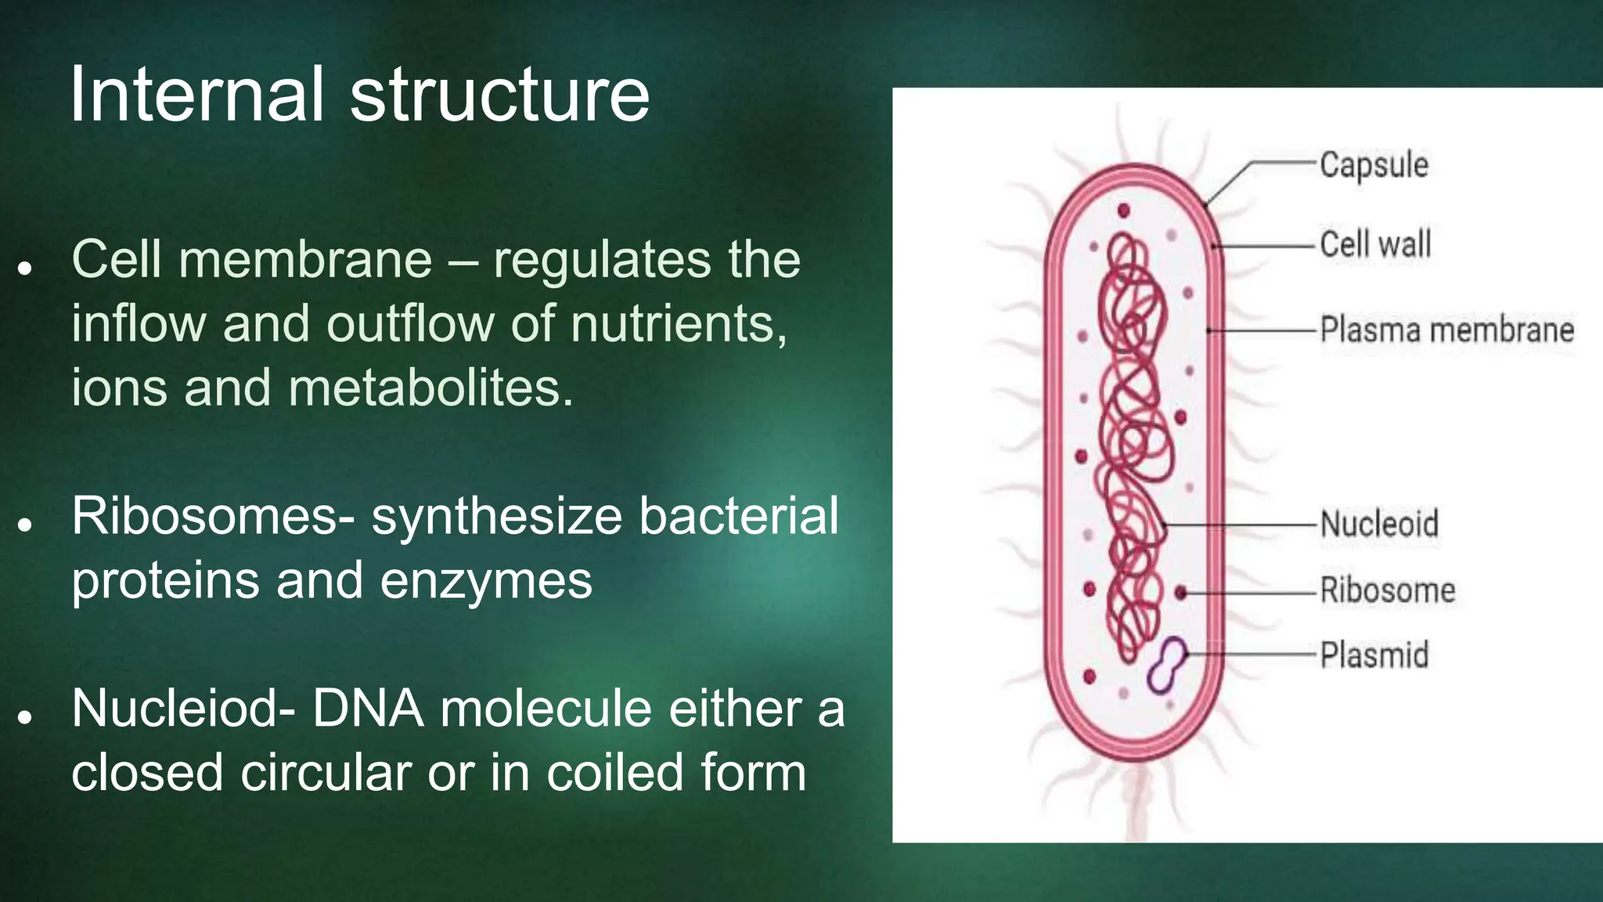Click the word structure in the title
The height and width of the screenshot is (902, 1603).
click(499, 96)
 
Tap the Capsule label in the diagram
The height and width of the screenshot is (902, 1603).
click(1374, 165)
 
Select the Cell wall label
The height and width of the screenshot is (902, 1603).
click(1375, 244)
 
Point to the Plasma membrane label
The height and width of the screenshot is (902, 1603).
click(1446, 330)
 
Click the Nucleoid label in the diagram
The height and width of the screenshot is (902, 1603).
click(1379, 523)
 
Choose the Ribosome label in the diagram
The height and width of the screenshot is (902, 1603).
click(1387, 590)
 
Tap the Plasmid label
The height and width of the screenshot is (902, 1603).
click(1374, 655)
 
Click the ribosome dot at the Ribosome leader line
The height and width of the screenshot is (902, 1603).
click(1181, 593)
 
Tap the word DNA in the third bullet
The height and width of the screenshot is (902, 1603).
click(368, 709)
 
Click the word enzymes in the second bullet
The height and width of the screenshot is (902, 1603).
click(486, 581)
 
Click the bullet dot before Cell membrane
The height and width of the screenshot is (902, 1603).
click(26, 268)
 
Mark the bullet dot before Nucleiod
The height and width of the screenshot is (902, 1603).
click(26, 716)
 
